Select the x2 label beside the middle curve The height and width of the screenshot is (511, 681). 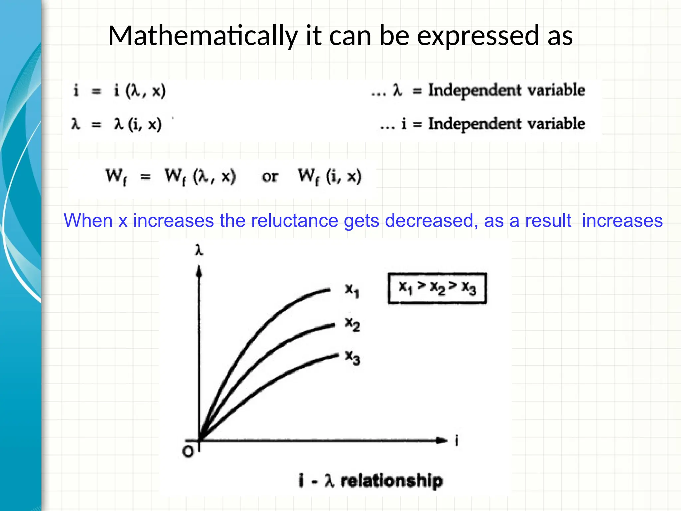352,324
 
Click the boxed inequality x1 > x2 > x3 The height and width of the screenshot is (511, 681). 437,288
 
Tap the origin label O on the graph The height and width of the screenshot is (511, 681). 188,452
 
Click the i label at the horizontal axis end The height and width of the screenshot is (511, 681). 457,441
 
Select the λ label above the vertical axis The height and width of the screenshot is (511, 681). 199,250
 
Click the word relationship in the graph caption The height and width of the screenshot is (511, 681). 391,481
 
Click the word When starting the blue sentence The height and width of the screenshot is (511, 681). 88,221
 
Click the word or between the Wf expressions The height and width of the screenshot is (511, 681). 269,176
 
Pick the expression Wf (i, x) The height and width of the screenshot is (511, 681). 329,176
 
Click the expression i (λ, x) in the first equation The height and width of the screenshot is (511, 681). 140,90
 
